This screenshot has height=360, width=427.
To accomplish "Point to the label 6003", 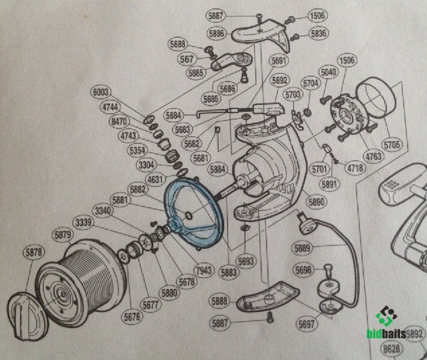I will click(x=101, y=92).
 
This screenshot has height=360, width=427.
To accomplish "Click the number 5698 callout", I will click(x=304, y=271).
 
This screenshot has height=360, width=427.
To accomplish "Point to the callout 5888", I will click(x=220, y=300).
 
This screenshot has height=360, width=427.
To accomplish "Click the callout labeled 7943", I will click(x=204, y=270).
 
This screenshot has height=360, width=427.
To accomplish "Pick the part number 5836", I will click(x=319, y=34).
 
